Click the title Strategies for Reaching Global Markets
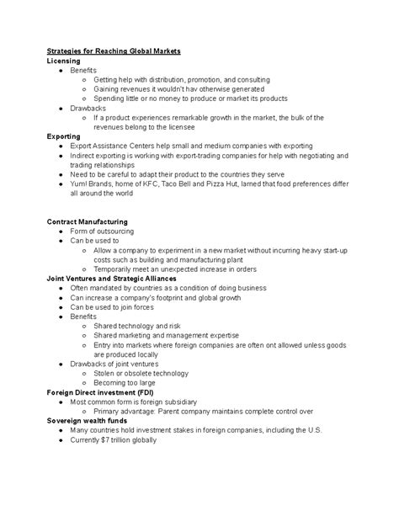(113, 51)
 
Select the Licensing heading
(64, 61)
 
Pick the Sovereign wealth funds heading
(88, 420)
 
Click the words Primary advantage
(127, 411)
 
